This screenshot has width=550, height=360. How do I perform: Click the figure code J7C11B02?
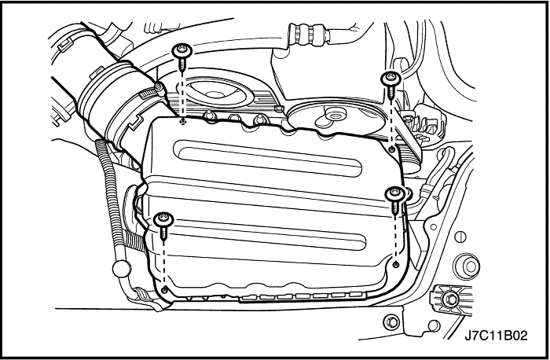tap(496, 336)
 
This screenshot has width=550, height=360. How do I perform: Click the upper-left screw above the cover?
tap(182, 57)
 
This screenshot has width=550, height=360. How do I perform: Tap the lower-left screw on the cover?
tap(163, 226)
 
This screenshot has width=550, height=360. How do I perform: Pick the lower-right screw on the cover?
tap(394, 200)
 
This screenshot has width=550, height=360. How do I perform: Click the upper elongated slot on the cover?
tap(269, 158)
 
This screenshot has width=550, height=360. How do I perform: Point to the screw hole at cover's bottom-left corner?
tap(163, 289)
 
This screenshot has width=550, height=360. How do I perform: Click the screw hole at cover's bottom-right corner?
tap(396, 264)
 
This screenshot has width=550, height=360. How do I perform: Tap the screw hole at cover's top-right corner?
tap(392, 150)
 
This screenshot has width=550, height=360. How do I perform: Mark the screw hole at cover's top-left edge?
tap(181, 121)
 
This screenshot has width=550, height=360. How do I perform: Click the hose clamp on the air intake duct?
tap(152, 91)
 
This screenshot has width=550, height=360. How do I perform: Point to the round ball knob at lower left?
tap(120, 268)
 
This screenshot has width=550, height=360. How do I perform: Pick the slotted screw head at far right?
tap(460, 237)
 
